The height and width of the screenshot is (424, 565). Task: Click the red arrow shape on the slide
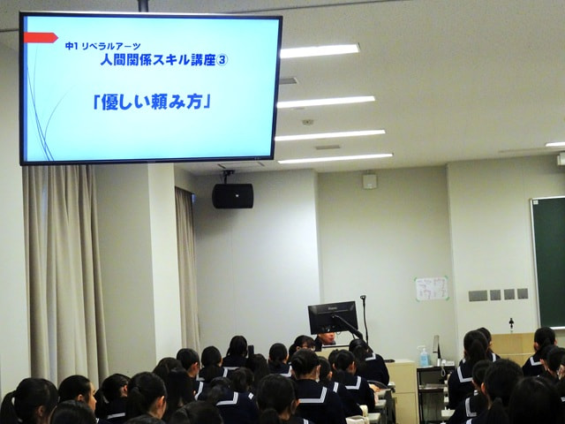[40, 38]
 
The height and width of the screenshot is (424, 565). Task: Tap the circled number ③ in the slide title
[222, 60]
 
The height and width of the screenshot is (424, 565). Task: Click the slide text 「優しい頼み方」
[151, 102]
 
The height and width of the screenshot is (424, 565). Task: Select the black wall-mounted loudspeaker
[232, 195]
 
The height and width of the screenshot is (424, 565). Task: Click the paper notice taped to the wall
[432, 289]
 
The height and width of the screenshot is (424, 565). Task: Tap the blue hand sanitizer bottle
[424, 356]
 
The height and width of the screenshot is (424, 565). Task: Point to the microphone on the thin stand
[363, 299]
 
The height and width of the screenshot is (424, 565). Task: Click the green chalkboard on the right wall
[547, 261]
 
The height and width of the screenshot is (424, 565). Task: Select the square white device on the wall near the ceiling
[369, 180]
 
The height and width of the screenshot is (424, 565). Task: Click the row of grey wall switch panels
[498, 295]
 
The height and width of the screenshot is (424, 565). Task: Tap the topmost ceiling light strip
[320, 51]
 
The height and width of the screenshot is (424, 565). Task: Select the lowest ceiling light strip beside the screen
[335, 159]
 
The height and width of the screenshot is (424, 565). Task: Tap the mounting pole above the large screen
[143, 6]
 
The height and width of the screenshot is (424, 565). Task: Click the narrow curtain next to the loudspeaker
[187, 265]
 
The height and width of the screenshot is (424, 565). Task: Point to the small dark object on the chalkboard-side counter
[511, 325]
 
